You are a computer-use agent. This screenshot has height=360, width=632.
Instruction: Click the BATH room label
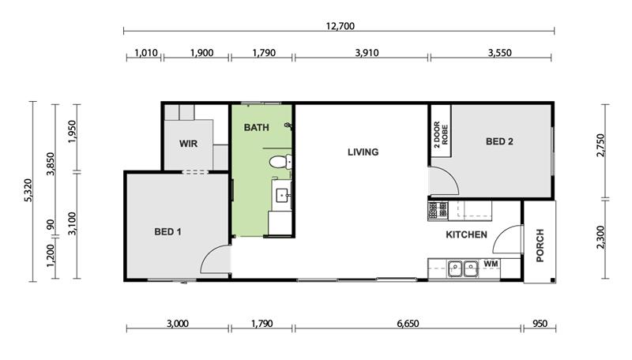pyautogui.click(x=256, y=128)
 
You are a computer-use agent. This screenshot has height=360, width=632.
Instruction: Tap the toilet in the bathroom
pyautogui.click(x=280, y=162)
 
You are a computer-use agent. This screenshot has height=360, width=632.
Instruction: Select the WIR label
pyautogui.click(x=188, y=144)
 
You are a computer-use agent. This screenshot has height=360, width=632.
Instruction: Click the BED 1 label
pyautogui.click(x=167, y=231)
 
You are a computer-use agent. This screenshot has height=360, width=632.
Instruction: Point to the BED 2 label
pyautogui.click(x=499, y=141)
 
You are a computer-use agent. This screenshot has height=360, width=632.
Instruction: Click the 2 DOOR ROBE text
pyautogui.click(x=441, y=134)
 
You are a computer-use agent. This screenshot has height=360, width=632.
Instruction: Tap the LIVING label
pyautogui.click(x=363, y=152)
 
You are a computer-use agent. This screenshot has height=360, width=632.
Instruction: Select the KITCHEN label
pyautogui.click(x=466, y=234)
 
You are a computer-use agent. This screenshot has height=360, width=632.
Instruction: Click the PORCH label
pyautogui.click(x=540, y=246)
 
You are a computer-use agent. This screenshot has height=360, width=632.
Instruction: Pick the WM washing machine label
pyautogui.click(x=491, y=264)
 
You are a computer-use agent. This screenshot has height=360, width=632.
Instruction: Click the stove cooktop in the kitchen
pyautogui.click(x=438, y=211)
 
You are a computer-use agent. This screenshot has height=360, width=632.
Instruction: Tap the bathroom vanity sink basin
pyautogui.click(x=282, y=197)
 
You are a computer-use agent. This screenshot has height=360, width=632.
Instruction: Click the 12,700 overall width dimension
pyautogui.click(x=340, y=26)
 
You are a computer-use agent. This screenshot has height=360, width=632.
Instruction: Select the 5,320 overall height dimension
pyautogui.click(x=28, y=190)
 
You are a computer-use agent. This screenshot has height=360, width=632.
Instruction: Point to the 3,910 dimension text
pyautogui.click(x=367, y=53)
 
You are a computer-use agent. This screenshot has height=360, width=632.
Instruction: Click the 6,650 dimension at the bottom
pyautogui.click(x=408, y=324)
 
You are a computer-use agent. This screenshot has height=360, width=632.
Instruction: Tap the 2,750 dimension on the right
pyautogui.click(x=600, y=145)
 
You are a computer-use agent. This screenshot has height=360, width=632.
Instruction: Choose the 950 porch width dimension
pyautogui.click(x=540, y=324)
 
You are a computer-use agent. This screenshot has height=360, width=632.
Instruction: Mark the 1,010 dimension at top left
pyautogui.click(x=145, y=53)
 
